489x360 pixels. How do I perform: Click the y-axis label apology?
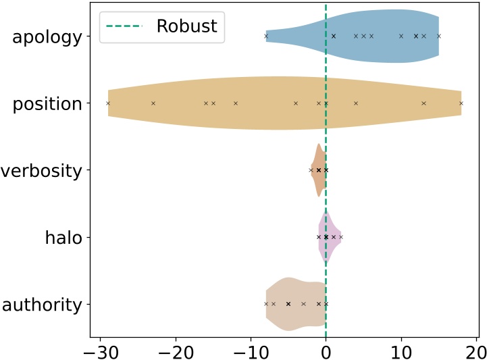click(47, 37)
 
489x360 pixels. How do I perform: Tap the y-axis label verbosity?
click(41, 170)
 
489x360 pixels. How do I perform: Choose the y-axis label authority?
click(42, 305)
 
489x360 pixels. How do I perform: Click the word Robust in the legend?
click(186, 26)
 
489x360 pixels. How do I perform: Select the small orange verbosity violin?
click(318, 170)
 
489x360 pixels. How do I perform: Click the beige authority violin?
click(290, 304)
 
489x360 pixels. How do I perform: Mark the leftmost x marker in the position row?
click(108, 103)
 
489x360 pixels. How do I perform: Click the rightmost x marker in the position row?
click(461, 103)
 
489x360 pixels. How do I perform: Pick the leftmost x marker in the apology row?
click(266, 36)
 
